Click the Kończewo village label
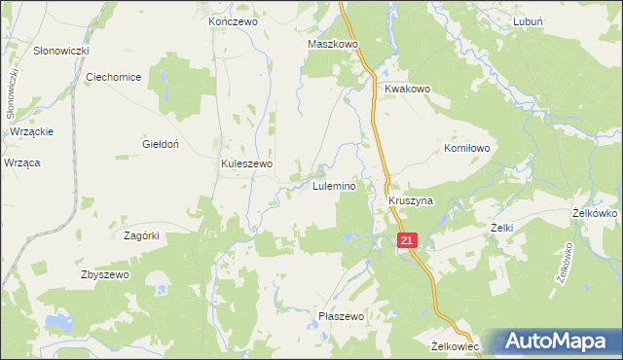[x=231, y=19]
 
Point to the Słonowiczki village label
[x=61, y=51]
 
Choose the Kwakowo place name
[x=407, y=89]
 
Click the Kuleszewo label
[x=246, y=164]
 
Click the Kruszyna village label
[x=410, y=201]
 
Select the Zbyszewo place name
[x=105, y=275]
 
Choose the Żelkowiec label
[x=457, y=345]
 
